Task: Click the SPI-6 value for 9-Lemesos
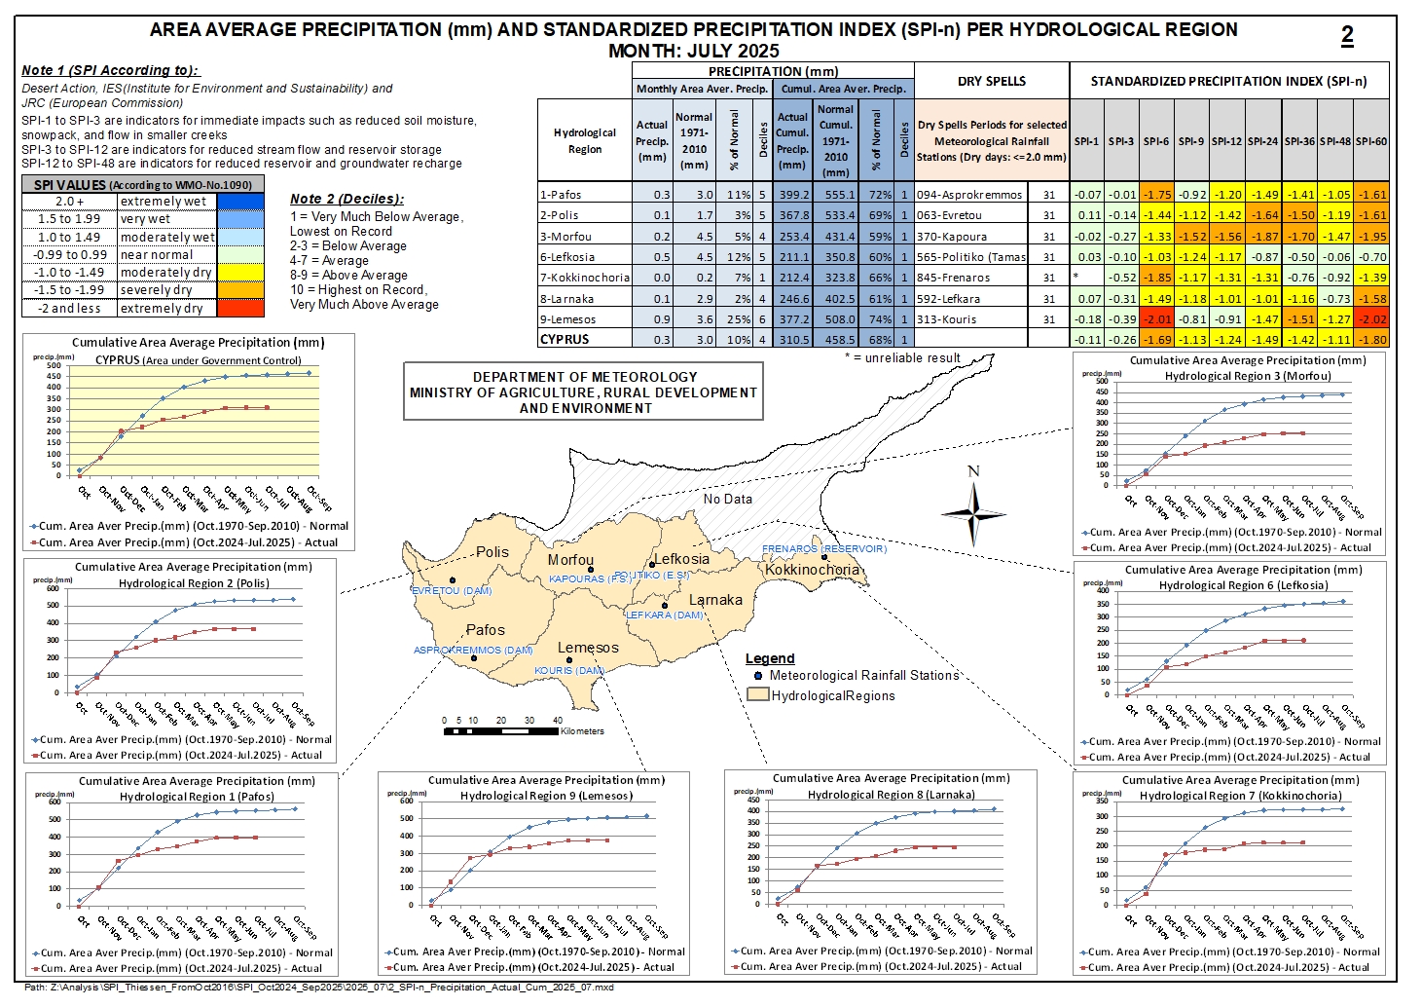point(1156,319)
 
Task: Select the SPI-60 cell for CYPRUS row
point(1371,340)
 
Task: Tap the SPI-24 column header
point(1262,141)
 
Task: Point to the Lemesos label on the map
point(588,648)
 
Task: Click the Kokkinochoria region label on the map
point(812,570)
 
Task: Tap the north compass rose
point(973,510)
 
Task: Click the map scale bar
point(502,730)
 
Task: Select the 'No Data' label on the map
point(728,499)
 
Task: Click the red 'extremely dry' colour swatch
point(240,308)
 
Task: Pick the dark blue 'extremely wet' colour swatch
point(240,202)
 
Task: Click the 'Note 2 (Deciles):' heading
point(346,199)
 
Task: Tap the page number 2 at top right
point(1347,36)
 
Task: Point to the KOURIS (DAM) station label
point(569,671)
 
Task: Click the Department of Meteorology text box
point(583,392)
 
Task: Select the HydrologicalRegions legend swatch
point(757,695)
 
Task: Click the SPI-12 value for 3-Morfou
point(1227,237)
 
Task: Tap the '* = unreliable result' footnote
point(902,357)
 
